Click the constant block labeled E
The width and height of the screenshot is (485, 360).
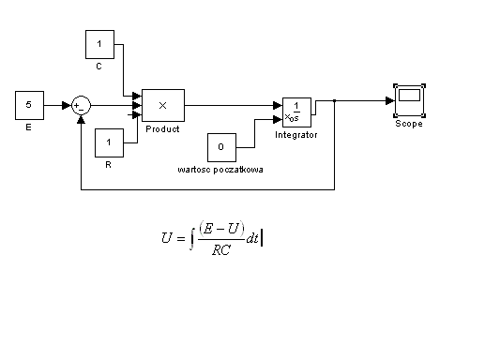point(29,105)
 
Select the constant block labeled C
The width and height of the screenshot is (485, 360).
point(99,44)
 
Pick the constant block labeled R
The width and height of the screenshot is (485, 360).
point(109,142)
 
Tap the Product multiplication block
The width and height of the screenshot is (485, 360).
point(163,105)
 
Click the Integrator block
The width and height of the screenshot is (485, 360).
point(296,112)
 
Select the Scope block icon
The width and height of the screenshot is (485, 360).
point(409,100)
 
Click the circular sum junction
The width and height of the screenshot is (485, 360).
point(82,105)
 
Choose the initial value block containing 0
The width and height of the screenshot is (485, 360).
point(221,147)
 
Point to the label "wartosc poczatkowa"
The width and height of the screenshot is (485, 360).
point(220,170)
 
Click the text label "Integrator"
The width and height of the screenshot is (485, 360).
point(296,135)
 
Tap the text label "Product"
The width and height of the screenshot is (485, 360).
point(162,129)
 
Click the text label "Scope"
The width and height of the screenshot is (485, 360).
point(409,124)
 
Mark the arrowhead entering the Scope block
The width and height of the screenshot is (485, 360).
point(390,100)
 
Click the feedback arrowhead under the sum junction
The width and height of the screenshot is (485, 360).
point(81,119)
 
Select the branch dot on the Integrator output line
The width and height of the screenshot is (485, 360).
point(334,100)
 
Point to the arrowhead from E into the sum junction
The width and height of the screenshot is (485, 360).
point(67,105)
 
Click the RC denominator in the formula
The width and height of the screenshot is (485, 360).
point(221,249)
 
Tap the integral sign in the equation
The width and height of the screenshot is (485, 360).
point(192,239)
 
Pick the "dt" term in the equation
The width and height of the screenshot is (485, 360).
point(252,238)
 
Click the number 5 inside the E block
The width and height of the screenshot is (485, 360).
point(29,104)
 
